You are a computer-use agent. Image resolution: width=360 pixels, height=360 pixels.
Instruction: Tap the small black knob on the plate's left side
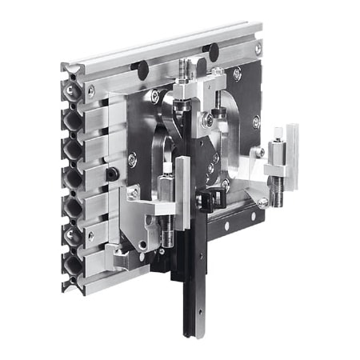click(x=114, y=173)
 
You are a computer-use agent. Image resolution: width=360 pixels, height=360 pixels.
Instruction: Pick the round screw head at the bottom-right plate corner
click(x=262, y=203)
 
